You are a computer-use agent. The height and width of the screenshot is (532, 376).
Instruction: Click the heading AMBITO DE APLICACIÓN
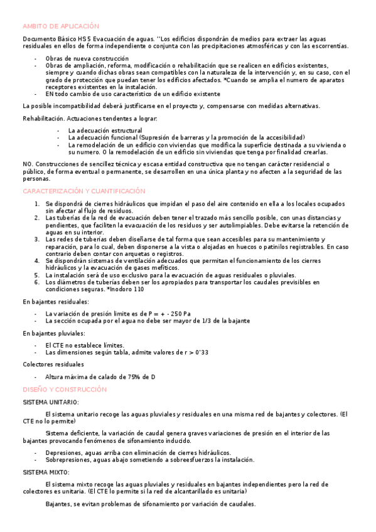[x=61, y=26]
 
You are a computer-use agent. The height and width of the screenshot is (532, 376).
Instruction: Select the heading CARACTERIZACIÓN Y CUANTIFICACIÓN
[x=83, y=191]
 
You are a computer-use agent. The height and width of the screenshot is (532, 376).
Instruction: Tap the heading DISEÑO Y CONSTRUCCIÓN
[x=65, y=390]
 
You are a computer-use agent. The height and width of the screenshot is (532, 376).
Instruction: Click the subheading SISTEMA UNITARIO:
[x=51, y=402]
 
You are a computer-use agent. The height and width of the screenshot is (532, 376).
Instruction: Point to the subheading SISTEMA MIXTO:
[x=46, y=472]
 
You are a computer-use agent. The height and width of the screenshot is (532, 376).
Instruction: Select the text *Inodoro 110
[x=125, y=289]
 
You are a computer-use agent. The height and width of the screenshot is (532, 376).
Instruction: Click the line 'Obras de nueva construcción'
[x=87, y=58]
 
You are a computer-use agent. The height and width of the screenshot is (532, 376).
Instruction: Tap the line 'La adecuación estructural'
[x=105, y=130]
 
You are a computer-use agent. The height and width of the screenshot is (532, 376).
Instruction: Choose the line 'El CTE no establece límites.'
[x=85, y=345]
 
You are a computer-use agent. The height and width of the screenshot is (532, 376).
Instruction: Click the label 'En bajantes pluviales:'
[x=54, y=333]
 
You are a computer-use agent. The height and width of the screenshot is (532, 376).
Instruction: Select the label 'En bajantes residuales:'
[x=56, y=302]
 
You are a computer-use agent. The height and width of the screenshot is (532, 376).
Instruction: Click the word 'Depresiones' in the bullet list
[x=64, y=452]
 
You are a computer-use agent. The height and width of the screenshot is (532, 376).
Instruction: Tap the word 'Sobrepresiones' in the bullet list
[x=68, y=459]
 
